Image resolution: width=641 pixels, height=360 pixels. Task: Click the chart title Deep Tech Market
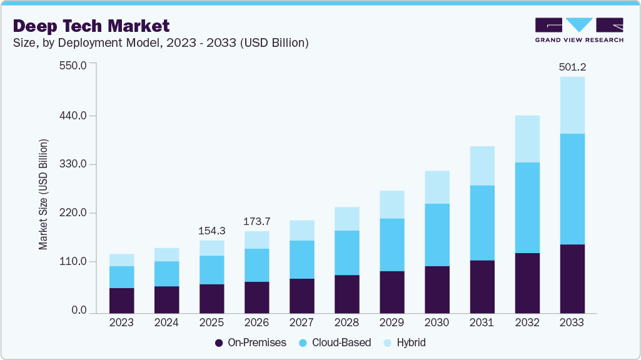pyautogui.click(x=91, y=26)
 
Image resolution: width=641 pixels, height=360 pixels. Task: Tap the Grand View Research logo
pyautogui.click(x=579, y=30)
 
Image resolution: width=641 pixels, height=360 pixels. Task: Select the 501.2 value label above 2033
pyautogui.click(x=572, y=67)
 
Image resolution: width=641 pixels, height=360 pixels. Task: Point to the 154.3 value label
pyautogui.click(x=211, y=231)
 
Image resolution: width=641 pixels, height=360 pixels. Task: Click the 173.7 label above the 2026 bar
pyautogui.click(x=256, y=221)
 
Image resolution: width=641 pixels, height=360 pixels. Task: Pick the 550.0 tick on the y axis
pyautogui.click(x=73, y=65)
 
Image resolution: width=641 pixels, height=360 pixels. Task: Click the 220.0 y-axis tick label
pyautogui.click(x=73, y=213)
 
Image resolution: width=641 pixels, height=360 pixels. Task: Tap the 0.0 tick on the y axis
pyautogui.click(x=79, y=310)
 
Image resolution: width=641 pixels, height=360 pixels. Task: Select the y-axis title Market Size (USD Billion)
pyautogui.click(x=43, y=195)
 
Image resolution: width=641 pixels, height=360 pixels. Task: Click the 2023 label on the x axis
pyautogui.click(x=121, y=323)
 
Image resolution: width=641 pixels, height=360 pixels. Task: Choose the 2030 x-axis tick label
pyautogui.click(x=437, y=323)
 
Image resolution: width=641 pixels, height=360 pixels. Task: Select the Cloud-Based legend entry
pyautogui.click(x=336, y=342)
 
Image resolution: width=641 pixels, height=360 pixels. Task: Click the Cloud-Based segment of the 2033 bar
pyautogui.click(x=572, y=189)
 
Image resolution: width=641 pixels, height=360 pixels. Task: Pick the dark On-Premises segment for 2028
pyautogui.click(x=346, y=294)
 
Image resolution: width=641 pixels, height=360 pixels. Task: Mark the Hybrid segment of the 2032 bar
pyautogui.click(x=527, y=139)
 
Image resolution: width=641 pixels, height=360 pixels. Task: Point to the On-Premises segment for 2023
pyautogui.click(x=121, y=300)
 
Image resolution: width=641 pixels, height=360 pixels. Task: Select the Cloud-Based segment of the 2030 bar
pyautogui.click(x=437, y=234)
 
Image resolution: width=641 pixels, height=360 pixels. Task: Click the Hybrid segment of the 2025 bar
pyautogui.click(x=211, y=247)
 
